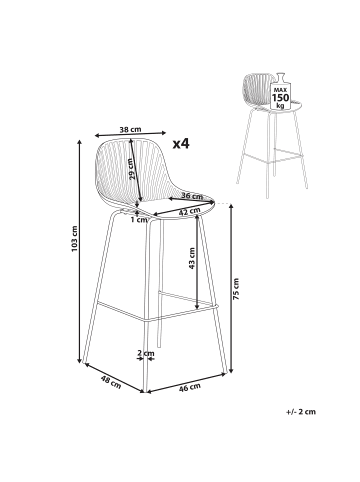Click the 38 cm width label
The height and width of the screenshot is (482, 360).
pos(130,129)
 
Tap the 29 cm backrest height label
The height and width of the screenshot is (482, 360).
pos(131,169)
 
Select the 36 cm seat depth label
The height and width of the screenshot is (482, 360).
pos(191,196)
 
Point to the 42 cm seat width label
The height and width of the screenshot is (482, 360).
pos(189,211)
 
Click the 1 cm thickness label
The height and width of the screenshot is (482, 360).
pos(139,220)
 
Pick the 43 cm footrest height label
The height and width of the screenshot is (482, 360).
pos(192,258)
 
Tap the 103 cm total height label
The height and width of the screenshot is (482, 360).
pos(74,239)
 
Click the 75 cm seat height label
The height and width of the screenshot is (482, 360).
pos(236,288)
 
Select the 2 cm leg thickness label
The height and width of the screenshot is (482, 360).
pos(146,353)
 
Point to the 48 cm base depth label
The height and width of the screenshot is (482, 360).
pos(111,382)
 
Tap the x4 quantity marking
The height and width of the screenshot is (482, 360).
pos(181,144)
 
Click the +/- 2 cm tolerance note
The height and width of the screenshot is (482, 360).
pos(301,412)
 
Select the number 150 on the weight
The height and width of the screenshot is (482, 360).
pos(281,98)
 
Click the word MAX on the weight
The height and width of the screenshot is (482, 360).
pos(281,90)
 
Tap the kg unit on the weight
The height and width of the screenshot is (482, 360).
pos(281,106)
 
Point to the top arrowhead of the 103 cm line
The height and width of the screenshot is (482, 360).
pos(79,142)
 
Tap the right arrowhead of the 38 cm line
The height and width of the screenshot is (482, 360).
pos(163,133)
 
